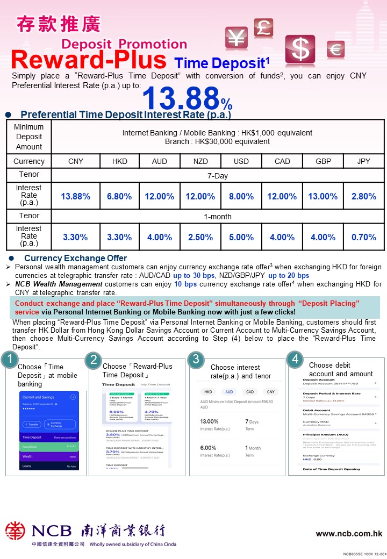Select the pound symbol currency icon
point(263,27)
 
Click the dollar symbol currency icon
point(300,50)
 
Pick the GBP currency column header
point(323,161)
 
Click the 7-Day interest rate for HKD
point(119,196)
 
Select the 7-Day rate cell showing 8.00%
point(241,196)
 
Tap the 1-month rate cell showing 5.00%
point(241,237)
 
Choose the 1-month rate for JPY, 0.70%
point(364,237)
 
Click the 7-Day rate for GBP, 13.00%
point(323,196)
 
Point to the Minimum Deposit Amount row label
point(29,137)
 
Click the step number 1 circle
point(10,360)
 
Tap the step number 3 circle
point(197,359)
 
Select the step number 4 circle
point(295,360)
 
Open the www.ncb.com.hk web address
point(349,534)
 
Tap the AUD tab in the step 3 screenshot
point(228,392)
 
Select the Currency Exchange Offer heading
point(75,258)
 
